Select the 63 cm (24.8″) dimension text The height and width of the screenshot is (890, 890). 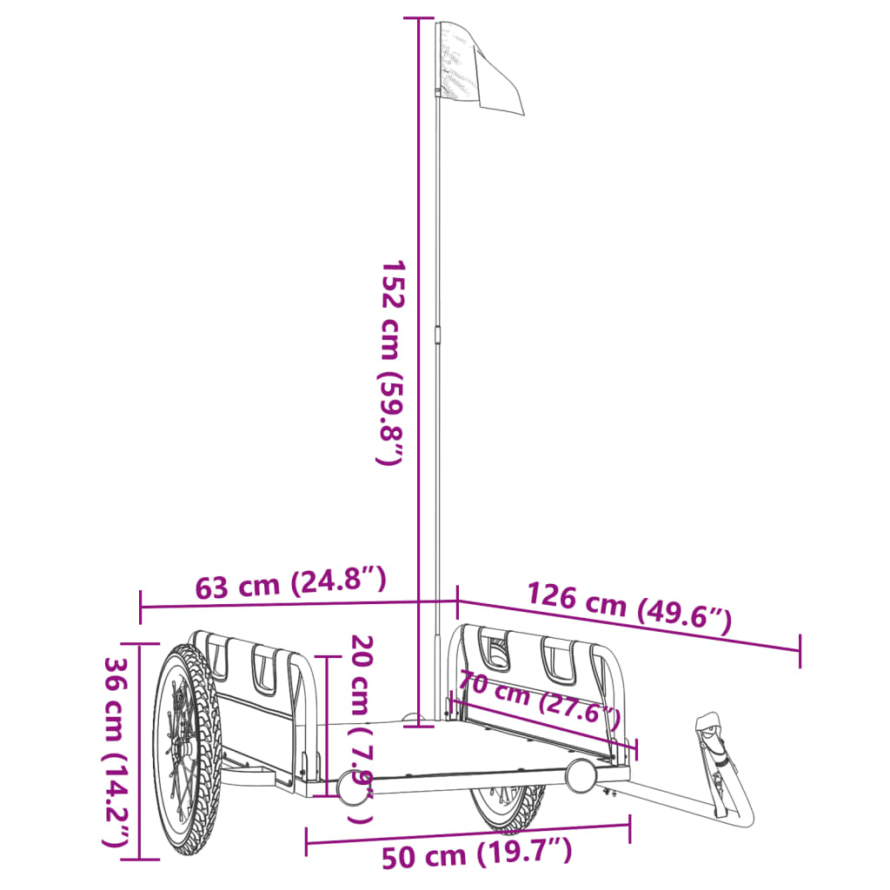click(x=289, y=583)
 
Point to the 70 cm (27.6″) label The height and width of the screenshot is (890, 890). click(x=540, y=701)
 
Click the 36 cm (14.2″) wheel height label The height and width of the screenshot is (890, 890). click(x=118, y=751)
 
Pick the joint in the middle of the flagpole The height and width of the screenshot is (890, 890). click(x=437, y=335)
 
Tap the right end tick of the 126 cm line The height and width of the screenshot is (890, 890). click(x=800, y=651)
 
